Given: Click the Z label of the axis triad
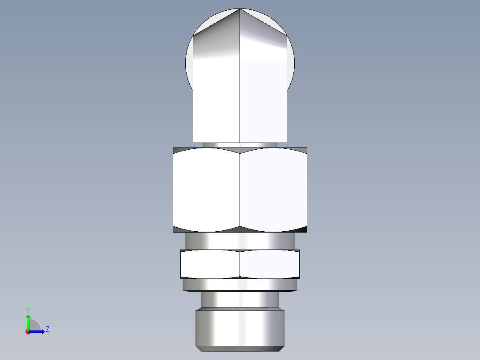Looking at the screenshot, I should [x=47, y=329].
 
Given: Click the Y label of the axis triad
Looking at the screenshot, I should [x=28, y=309].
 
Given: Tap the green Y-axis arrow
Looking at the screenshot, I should [x=28, y=322].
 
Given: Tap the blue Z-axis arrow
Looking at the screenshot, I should [x=37, y=331].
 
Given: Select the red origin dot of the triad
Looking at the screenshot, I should [x=28, y=331].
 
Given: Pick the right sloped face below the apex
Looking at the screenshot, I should [x=263, y=42].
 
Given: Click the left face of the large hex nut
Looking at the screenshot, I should [x=206, y=190].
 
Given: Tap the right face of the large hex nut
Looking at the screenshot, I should [x=273, y=190].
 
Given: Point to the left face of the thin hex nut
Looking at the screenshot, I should [x=210, y=264].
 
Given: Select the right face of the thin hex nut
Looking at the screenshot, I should [x=269, y=264].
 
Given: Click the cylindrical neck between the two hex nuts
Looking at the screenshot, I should [x=240, y=241].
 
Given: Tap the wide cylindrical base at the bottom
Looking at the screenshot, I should [x=240, y=328].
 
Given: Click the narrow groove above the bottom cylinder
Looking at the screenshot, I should [x=240, y=300].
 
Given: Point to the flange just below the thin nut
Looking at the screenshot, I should [x=240, y=284].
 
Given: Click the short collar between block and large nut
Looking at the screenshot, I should [x=240, y=145].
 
